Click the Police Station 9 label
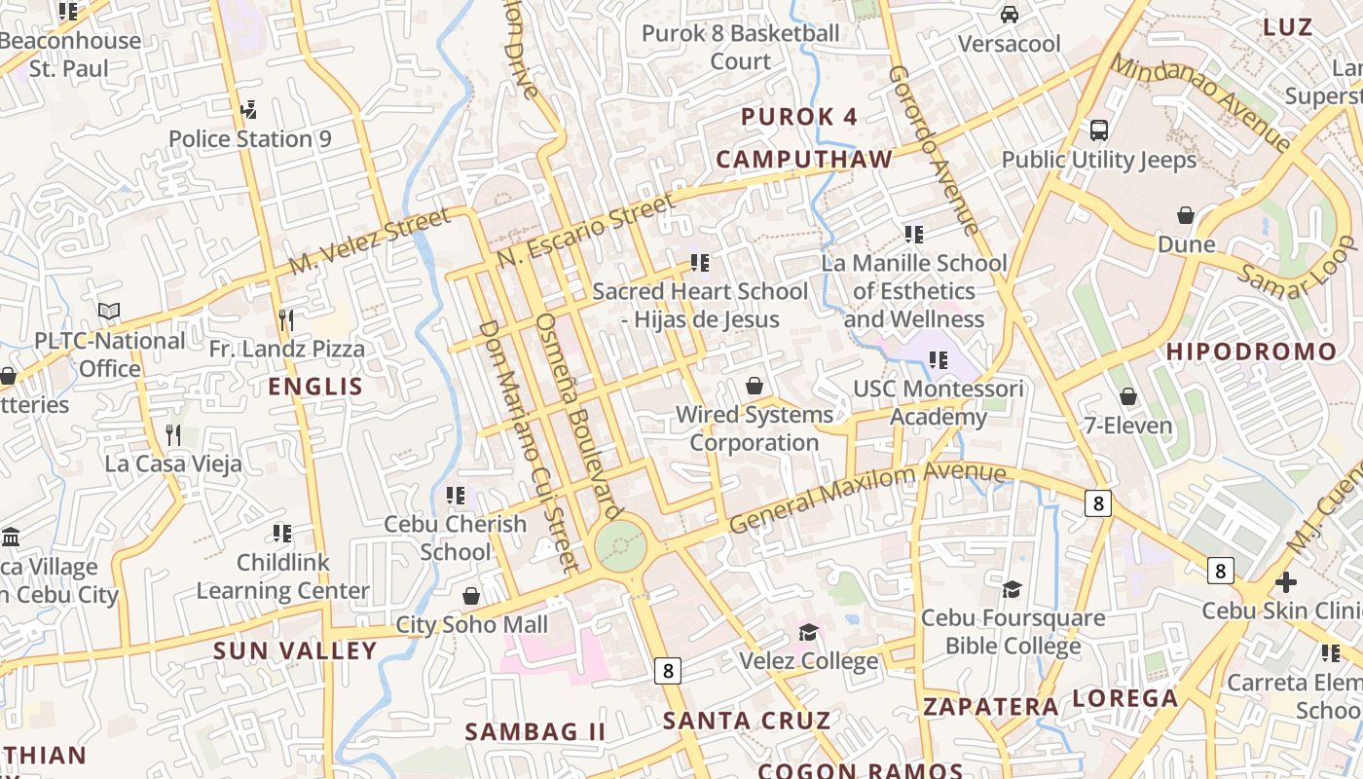250,139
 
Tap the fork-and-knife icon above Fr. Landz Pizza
285,319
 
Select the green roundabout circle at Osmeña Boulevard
620,545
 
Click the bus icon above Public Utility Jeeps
1099,130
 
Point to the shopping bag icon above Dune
1186,215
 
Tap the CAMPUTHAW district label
804,160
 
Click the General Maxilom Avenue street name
866,498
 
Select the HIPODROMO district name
1252,352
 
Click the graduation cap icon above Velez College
808,633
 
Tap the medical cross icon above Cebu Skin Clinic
1286,582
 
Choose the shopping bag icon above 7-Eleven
1128,396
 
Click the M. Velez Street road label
371,240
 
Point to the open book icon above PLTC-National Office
109,312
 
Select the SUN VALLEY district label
295,650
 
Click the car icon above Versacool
1010,15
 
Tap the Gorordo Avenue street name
932,151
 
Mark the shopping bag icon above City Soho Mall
471,595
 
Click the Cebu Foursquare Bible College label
1013,632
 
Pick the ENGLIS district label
315,387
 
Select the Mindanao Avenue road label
1200,101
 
